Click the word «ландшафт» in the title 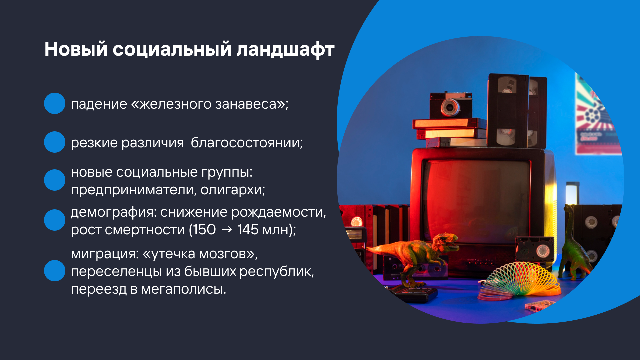coord(285,49)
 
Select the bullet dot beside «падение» coord(55,103)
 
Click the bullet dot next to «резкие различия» coord(55,142)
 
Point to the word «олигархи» coord(233,190)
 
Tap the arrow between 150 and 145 coord(227,230)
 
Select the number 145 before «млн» coord(248,230)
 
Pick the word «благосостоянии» coord(247,143)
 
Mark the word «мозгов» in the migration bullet coord(227,254)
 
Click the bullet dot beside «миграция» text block coord(55,271)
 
